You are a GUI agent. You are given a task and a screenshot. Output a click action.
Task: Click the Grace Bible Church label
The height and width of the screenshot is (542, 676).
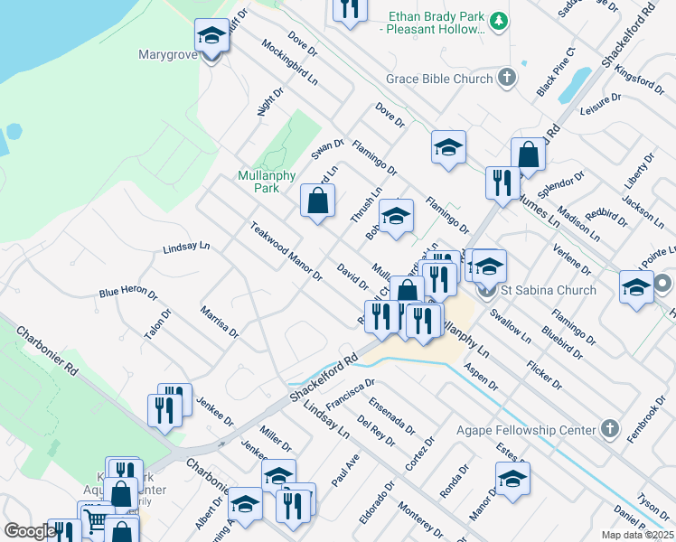(x=439, y=79)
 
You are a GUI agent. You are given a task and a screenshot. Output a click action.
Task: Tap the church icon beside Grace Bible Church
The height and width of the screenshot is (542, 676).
(x=506, y=77)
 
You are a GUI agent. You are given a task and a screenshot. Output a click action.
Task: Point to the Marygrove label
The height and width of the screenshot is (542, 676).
(x=168, y=54)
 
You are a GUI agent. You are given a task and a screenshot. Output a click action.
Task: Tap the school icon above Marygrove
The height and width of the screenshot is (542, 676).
(x=211, y=37)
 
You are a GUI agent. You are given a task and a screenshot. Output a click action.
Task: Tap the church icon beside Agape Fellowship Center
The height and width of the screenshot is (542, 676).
(x=610, y=429)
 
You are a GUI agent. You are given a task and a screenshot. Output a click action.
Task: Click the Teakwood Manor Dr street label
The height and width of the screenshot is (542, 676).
(x=286, y=252)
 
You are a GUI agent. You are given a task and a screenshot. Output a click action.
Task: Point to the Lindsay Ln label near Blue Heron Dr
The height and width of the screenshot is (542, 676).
(x=186, y=247)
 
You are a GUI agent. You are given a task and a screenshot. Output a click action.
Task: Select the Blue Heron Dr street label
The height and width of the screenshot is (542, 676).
(x=128, y=293)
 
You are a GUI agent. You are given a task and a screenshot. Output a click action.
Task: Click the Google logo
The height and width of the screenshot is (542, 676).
(x=30, y=531)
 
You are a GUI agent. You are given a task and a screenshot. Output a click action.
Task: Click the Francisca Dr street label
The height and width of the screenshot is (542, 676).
(x=351, y=394)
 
